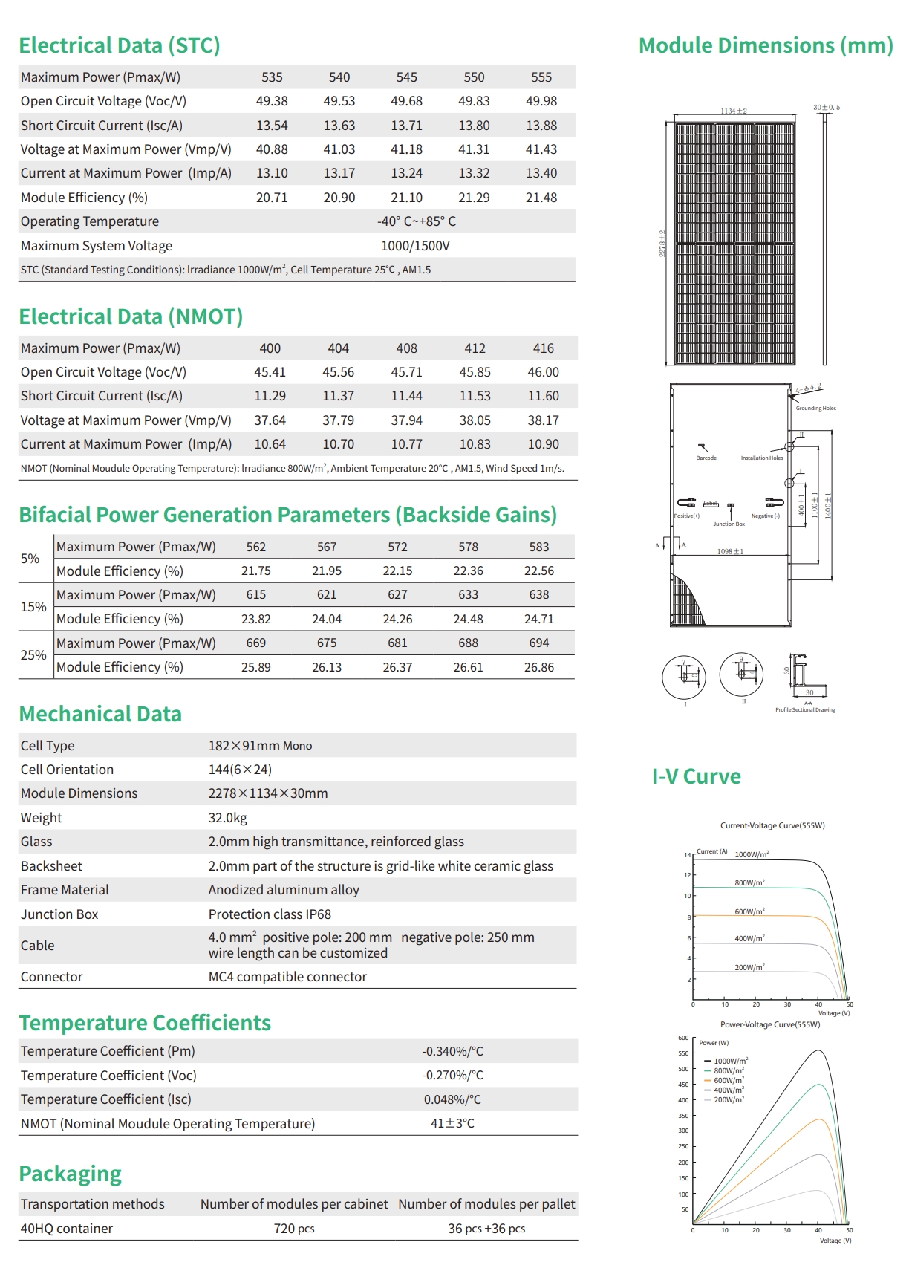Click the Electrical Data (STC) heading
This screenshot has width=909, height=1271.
click(120, 45)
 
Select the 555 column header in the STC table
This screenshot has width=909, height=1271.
click(541, 77)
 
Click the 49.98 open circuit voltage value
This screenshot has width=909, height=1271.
click(541, 101)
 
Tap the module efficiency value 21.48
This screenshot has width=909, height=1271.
click(541, 198)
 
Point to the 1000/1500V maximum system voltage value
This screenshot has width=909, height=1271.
click(415, 246)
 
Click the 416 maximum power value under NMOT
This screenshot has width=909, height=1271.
click(544, 348)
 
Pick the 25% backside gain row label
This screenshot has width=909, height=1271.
click(33, 655)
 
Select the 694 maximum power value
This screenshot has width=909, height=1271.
click(539, 643)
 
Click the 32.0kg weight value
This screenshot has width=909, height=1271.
click(228, 818)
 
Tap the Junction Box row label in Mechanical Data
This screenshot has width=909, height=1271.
click(59, 914)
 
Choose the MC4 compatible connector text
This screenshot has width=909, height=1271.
click(287, 977)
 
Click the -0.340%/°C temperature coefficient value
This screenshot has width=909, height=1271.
click(452, 1051)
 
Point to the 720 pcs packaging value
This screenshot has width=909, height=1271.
click(294, 1229)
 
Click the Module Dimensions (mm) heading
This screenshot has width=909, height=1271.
click(766, 45)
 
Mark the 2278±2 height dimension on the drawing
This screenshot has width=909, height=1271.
click(662, 244)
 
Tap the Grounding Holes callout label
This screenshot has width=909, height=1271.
click(815, 409)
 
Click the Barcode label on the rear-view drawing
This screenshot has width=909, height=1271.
click(706, 458)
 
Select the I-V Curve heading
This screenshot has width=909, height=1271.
click(696, 776)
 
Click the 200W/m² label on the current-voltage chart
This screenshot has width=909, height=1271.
click(749, 967)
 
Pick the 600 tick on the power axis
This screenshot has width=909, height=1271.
click(683, 1038)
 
